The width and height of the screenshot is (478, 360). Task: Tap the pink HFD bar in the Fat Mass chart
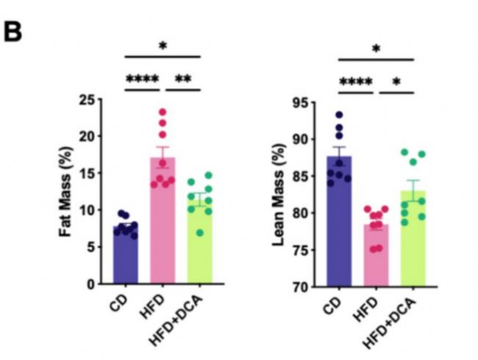point(163,220)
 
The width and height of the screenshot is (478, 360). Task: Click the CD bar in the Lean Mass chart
point(339,220)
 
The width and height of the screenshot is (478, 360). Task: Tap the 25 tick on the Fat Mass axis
point(91,100)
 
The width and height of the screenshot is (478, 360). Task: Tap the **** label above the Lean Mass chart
point(356,80)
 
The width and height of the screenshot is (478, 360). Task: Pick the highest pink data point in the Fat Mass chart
point(163,112)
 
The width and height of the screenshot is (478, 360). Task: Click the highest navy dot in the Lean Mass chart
point(339,115)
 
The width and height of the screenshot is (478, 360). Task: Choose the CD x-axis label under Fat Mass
point(118,303)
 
